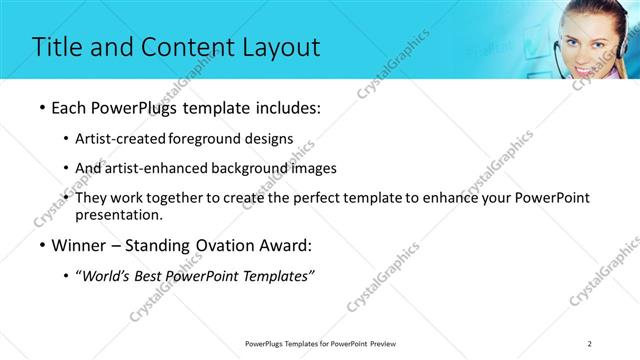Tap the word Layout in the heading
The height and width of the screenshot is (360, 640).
(x=277, y=47)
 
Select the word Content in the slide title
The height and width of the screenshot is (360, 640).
(x=184, y=47)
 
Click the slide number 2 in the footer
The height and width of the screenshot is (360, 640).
(x=590, y=344)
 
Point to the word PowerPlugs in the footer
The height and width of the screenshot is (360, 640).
(x=268, y=344)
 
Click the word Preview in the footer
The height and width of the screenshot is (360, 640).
(x=388, y=344)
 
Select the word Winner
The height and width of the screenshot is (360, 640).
(x=78, y=244)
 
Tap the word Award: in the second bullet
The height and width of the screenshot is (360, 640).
(x=284, y=244)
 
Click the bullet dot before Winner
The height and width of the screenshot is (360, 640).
(x=42, y=245)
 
